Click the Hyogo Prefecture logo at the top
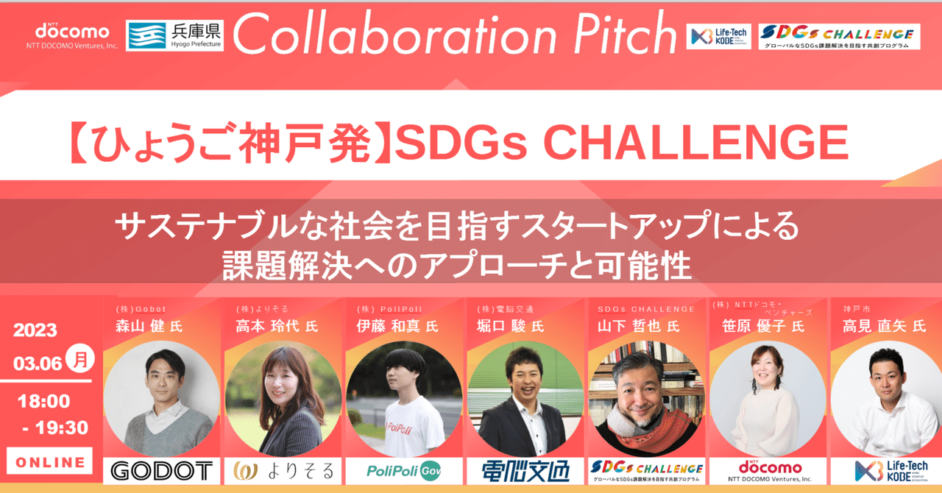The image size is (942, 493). (x=174, y=35)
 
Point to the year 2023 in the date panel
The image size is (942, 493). (x=35, y=331)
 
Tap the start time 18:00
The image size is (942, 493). (x=45, y=401)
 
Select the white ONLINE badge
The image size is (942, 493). (x=50, y=462)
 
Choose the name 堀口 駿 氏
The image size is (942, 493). (x=510, y=326)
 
